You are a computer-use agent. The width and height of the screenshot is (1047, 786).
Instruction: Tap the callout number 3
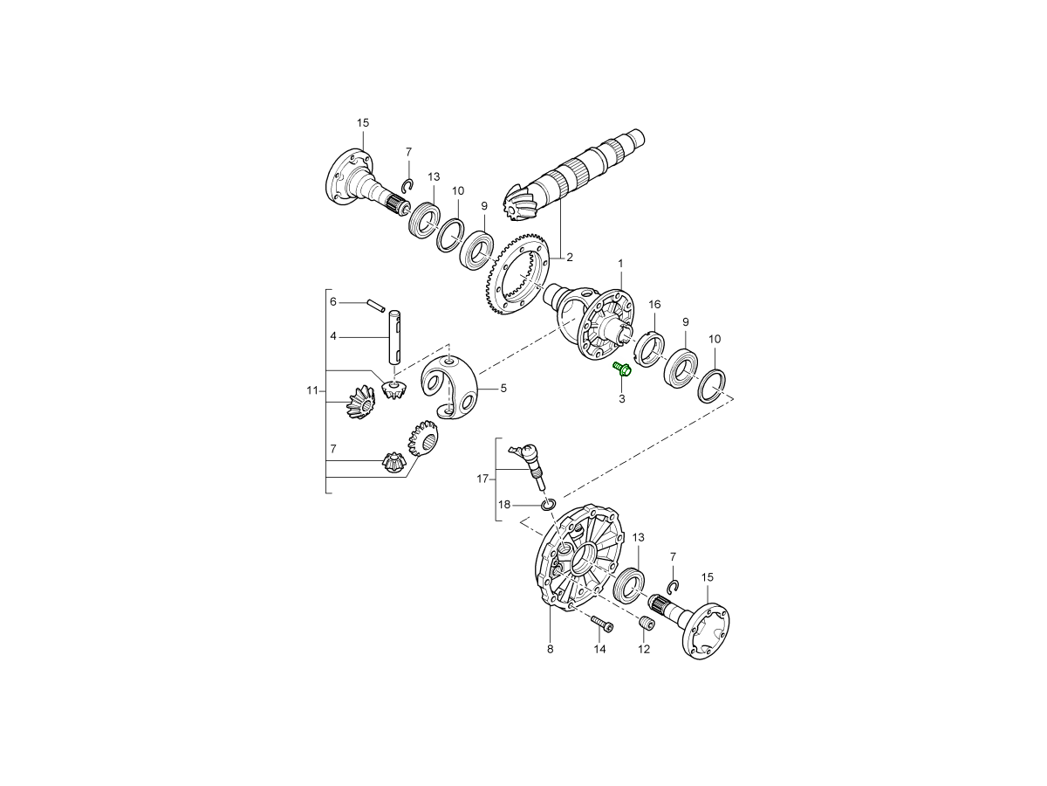tap(621, 399)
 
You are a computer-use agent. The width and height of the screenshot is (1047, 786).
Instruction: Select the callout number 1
tap(620, 264)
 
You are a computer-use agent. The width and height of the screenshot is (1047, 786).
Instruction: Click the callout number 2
tap(570, 258)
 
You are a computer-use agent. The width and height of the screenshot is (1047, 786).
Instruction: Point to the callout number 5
tap(503, 389)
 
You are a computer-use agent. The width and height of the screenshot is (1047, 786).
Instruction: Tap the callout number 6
tap(333, 302)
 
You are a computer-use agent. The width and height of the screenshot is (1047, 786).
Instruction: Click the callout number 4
tap(333, 336)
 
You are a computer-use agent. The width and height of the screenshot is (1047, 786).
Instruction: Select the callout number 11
tap(312, 391)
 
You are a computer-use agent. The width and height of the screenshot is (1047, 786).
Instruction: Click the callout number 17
tap(482, 479)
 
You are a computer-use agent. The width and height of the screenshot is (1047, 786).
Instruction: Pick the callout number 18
tap(504, 505)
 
